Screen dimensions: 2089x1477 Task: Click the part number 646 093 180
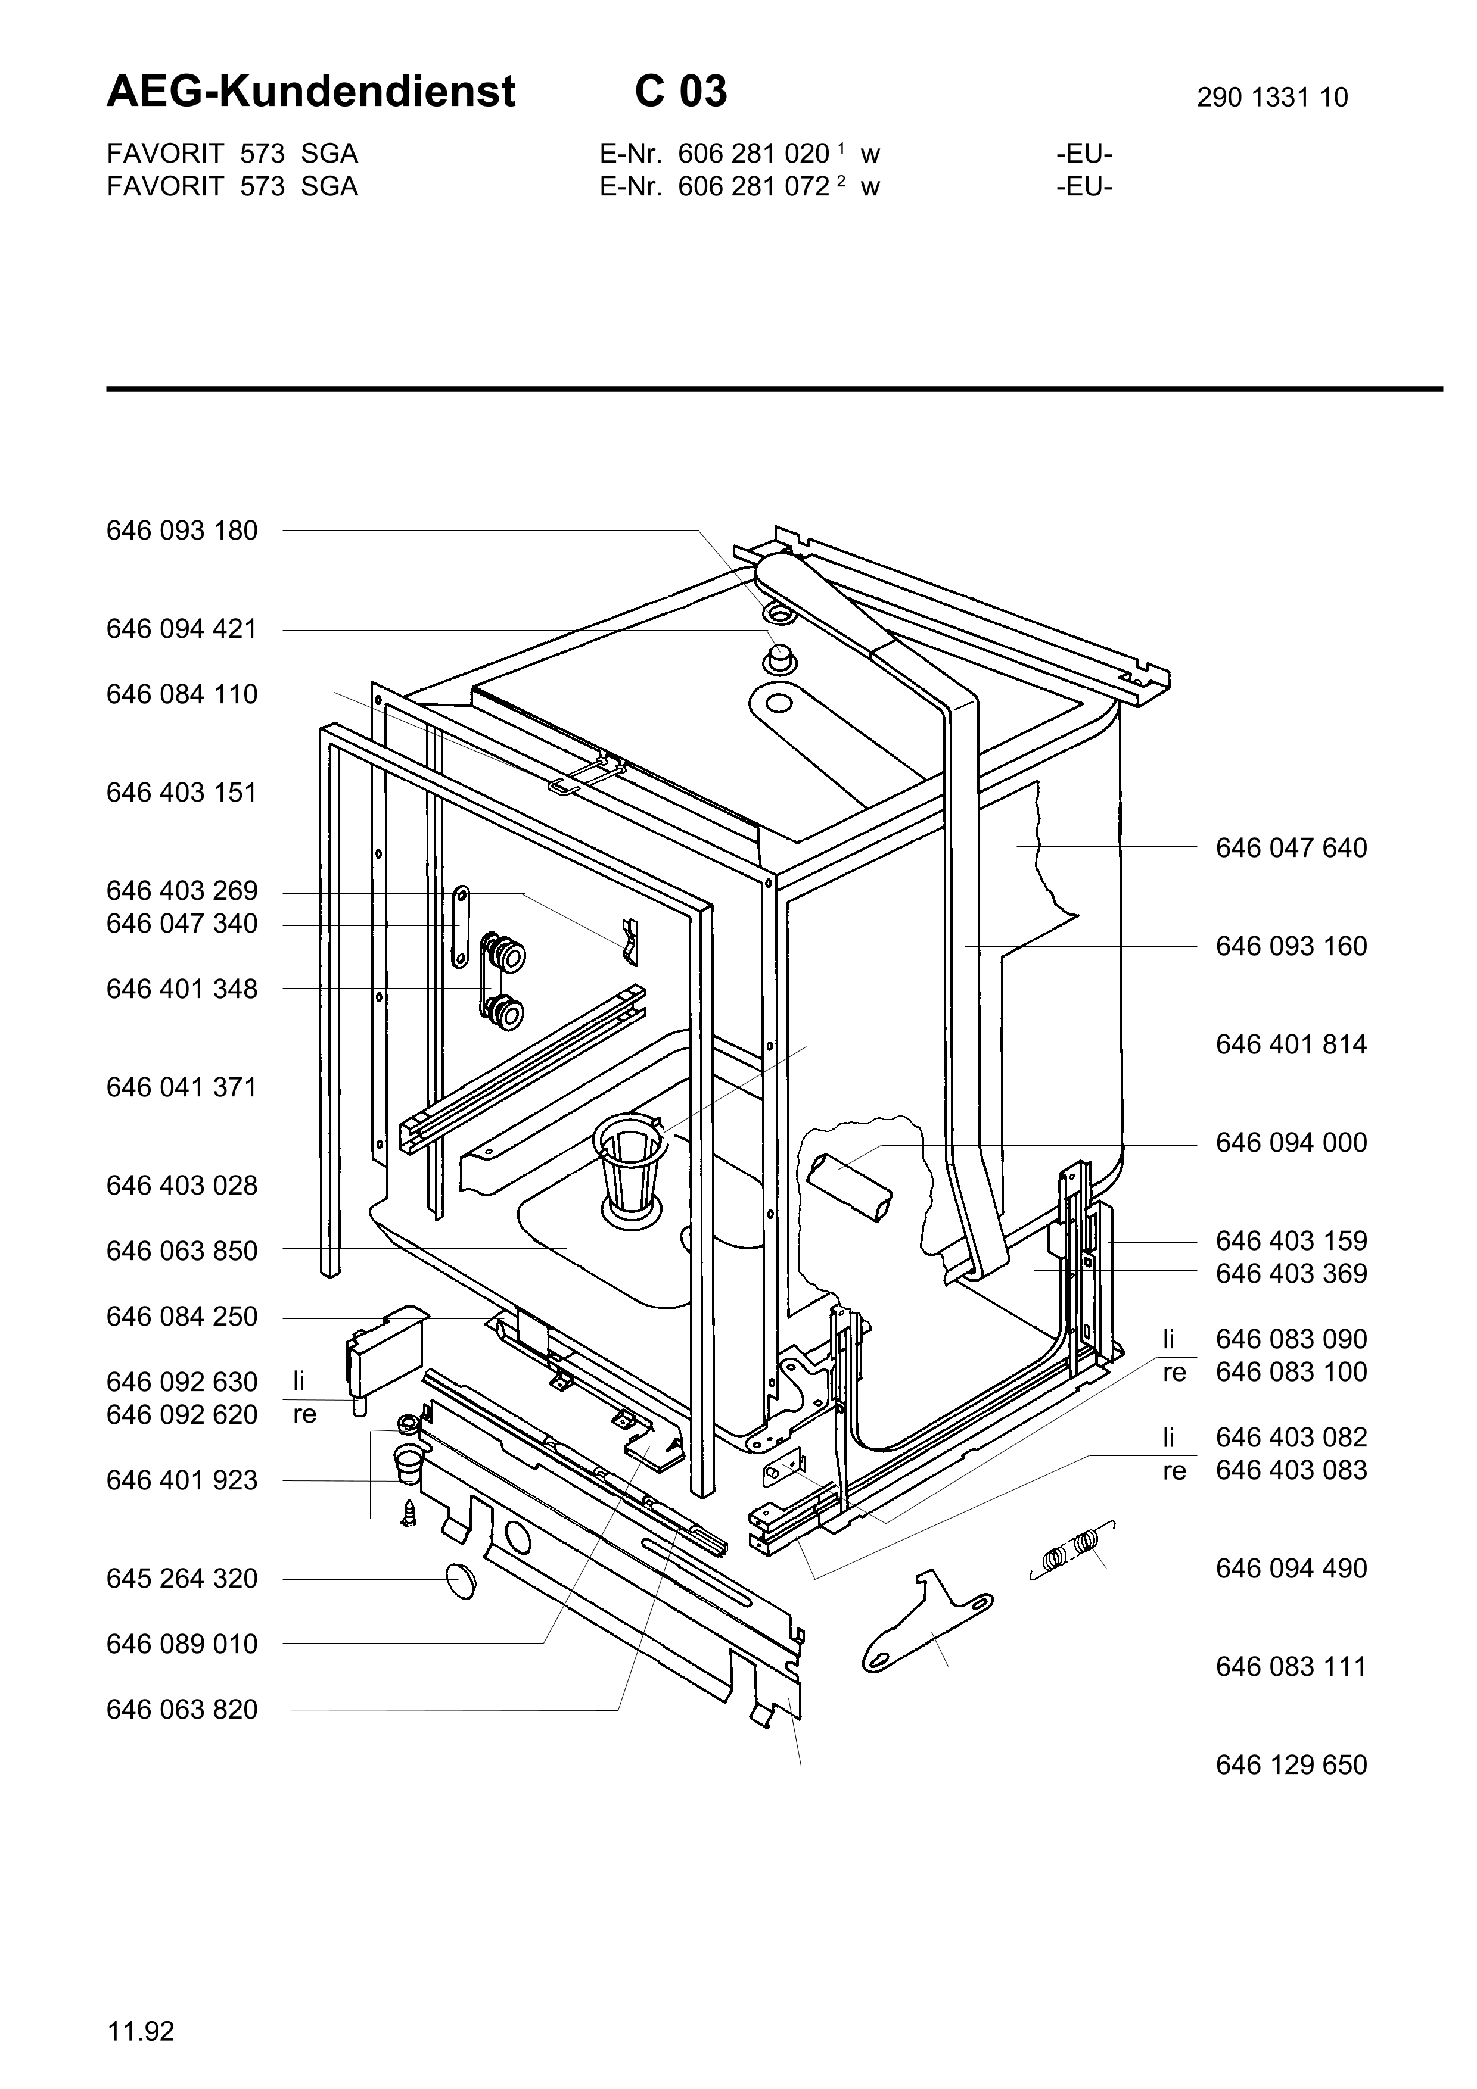[x=182, y=531]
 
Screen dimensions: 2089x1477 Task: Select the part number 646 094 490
[x=1291, y=1568]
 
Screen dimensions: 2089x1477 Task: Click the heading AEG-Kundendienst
[x=310, y=92]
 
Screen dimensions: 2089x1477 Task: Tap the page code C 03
[x=681, y=92]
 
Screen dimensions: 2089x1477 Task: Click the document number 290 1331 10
[x=1271, y=97]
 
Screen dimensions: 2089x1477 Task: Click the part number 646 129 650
[x=1291, y=1764]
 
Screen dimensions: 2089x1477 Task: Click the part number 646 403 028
[x=182, y=1186]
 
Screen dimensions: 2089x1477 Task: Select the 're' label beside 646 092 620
[x=304, y=1415]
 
